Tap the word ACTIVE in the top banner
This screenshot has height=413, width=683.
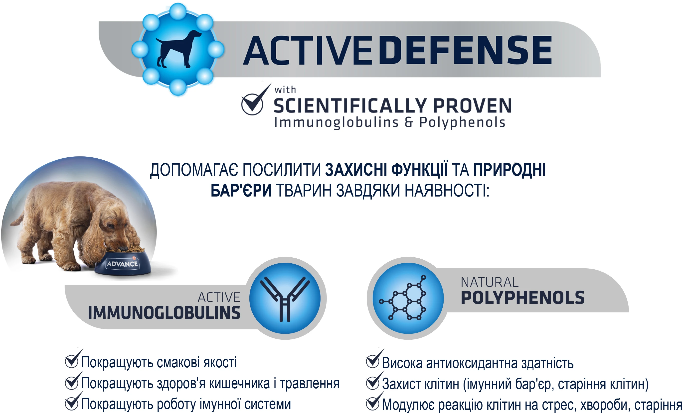[x=307, y=50]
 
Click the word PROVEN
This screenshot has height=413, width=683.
[x=472, y=106]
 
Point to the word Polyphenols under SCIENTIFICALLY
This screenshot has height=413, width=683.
[x=462, y=123]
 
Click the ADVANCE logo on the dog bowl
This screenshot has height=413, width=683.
[x=122, y=264]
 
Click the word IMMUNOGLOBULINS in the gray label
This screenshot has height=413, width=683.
[x=164, y=313]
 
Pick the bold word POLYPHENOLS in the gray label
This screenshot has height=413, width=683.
[x=523, y=298]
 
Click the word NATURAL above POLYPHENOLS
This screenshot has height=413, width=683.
[x=490, y=283]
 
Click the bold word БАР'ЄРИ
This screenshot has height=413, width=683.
[x=241, y=191]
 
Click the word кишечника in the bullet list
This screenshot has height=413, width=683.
[x=239, y=384]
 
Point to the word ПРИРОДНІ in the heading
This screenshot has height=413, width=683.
[x=510, y=170]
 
